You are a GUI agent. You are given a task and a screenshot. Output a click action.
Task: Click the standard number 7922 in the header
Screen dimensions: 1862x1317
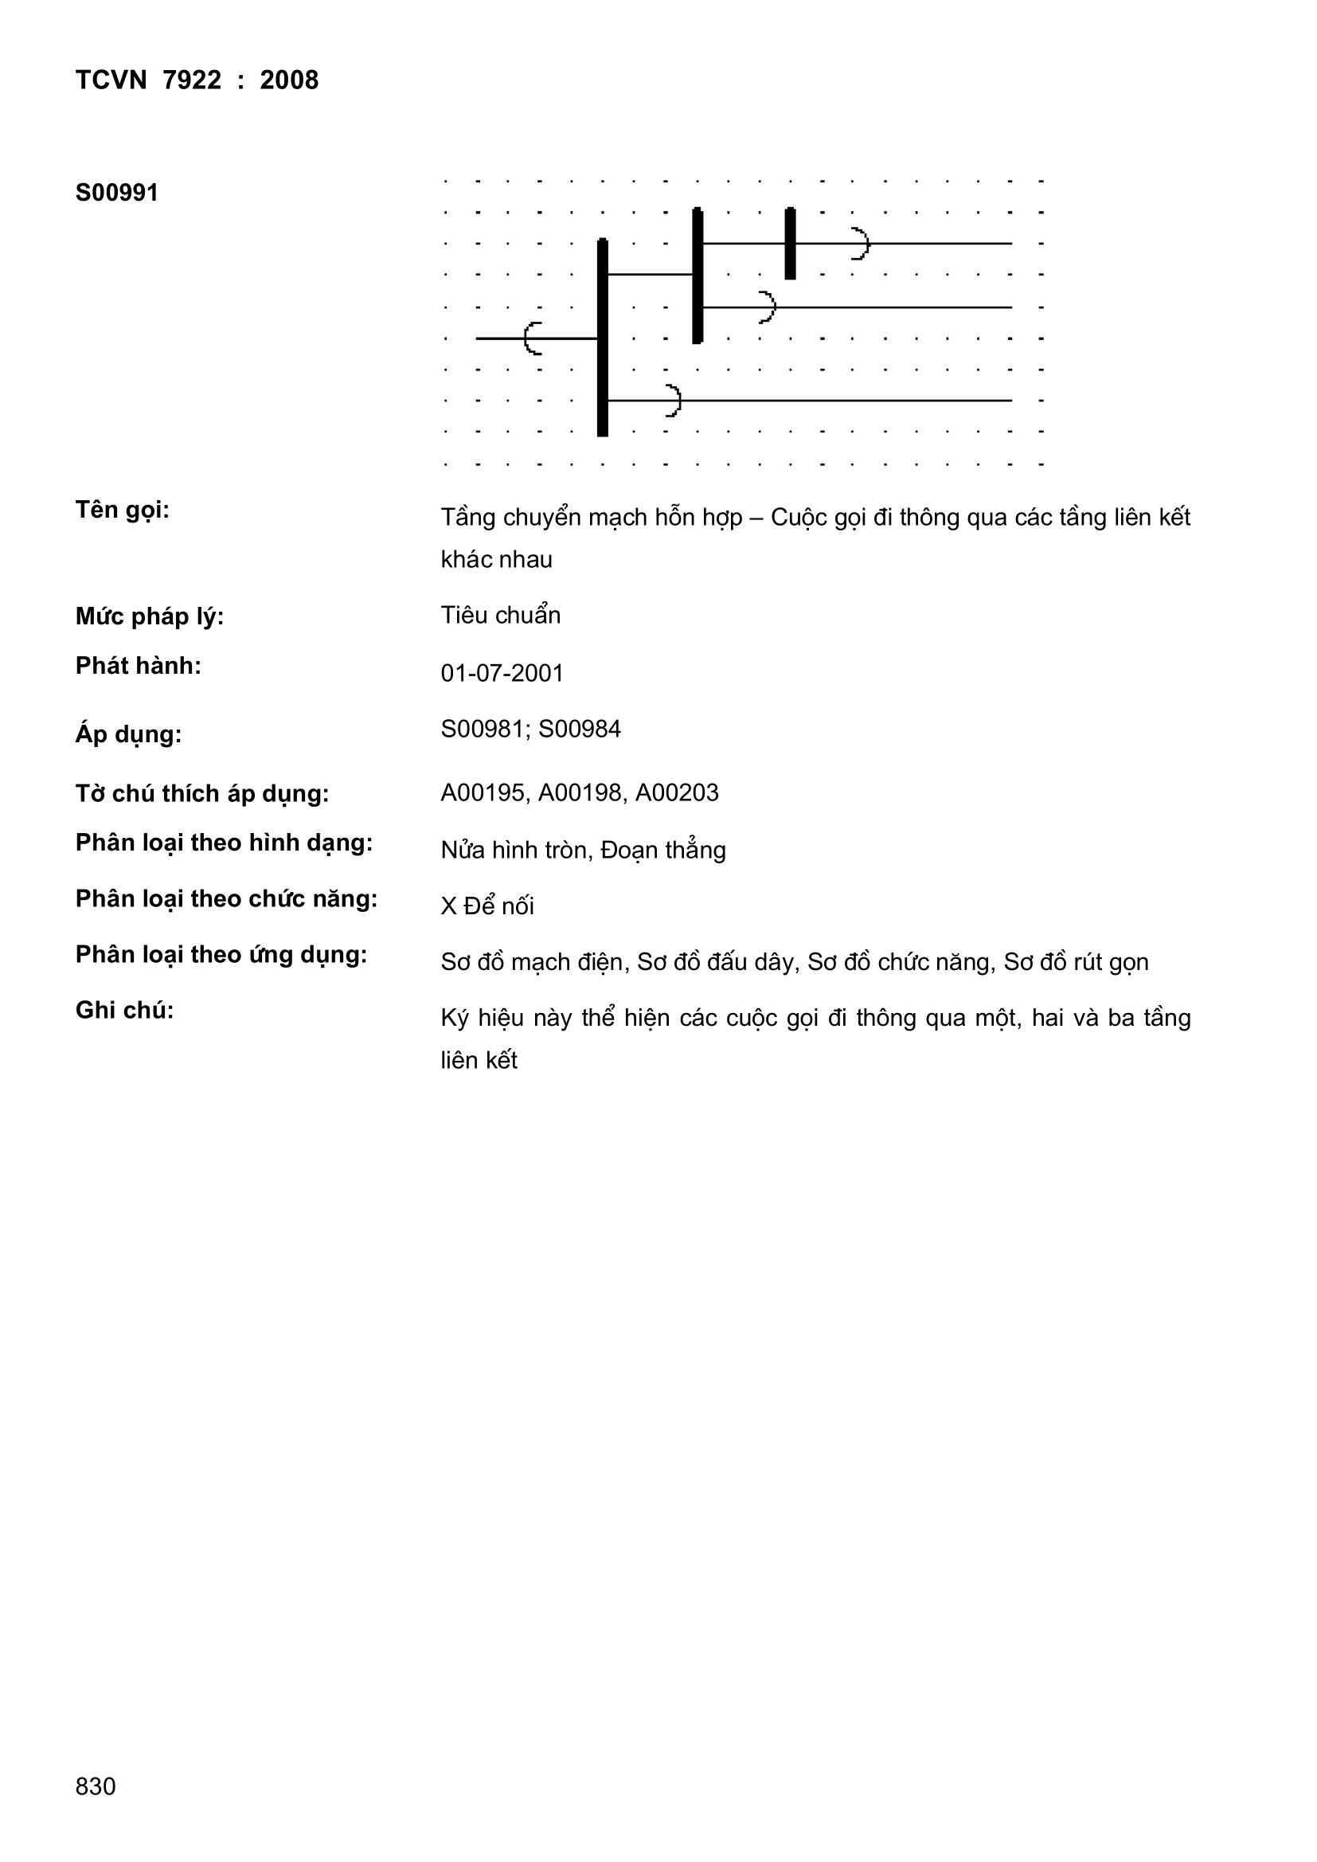coord(191,80)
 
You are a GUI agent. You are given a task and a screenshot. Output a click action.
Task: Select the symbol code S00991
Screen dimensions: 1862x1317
coord(117,193)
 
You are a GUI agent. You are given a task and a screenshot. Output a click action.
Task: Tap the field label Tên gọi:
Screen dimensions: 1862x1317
coord(123,510)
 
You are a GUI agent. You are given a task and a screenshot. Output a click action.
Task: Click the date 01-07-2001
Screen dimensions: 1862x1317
coord(502,673)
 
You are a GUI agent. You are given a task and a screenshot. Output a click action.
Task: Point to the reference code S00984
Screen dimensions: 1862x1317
coord(580,729)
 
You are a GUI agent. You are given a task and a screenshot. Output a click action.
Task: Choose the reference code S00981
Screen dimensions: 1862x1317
coord(483,729)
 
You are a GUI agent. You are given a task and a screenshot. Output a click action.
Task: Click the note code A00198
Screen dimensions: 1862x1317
coord(580,792)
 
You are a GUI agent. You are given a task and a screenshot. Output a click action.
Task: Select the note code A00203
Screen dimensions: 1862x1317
coord(677,792)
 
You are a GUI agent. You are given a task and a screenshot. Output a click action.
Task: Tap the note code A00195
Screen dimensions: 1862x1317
coord(483,792)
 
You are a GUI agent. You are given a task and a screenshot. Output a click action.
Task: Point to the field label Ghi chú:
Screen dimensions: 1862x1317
coord(125,1011)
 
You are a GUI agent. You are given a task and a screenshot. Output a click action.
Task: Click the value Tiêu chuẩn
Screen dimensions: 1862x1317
coord(500,616)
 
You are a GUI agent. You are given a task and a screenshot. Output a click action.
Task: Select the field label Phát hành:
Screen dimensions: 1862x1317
coord(139,666)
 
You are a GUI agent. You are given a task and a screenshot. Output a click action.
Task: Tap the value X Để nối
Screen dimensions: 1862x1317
coord(487,906)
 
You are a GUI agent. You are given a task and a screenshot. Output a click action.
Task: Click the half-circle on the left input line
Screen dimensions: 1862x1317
coord(533,338)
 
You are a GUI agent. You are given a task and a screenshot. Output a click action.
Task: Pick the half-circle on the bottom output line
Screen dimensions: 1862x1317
coord(672,401)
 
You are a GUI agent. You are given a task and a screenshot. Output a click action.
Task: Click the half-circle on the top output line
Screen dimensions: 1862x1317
coord(860,243)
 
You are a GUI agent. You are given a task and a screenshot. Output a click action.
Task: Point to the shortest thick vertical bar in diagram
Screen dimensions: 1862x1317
coord(790,243)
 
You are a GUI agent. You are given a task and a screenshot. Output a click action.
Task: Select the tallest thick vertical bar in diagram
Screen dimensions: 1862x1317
coord(603,338)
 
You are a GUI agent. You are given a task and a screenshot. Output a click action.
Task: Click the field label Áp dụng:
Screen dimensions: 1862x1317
coord(129,735)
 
